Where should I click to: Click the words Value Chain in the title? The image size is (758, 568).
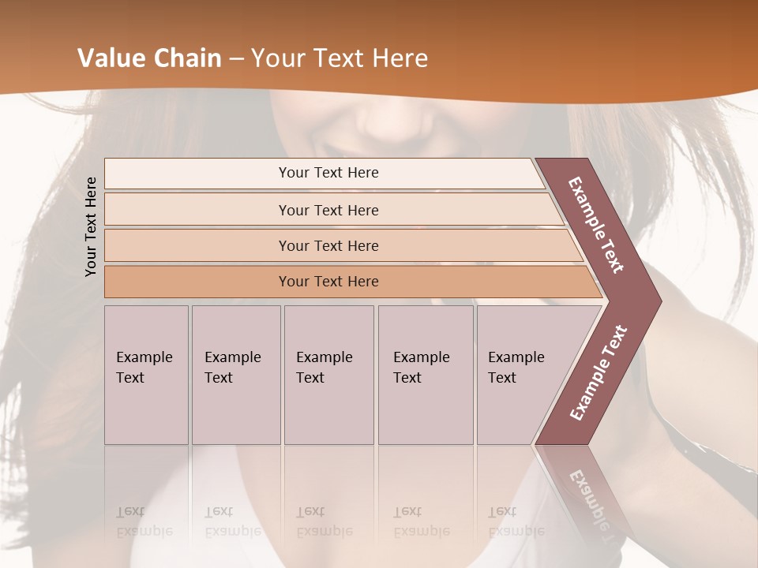click(149, 58)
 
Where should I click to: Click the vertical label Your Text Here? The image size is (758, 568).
click(92, 226)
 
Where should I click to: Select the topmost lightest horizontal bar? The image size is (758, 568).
click(328, 173)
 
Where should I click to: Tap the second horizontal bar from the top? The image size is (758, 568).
click(328, 210)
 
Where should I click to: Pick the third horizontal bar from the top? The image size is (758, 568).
click(328, 245)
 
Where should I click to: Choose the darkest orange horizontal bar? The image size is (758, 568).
click(328, 282)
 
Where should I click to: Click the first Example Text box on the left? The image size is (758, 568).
click(146, 375)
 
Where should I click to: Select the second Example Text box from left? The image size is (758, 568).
click(235, 375)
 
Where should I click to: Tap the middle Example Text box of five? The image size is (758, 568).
click(328, 375)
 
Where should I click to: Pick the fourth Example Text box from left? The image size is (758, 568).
click(426, 375)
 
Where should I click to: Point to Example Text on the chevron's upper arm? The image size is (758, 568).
click(596, 225)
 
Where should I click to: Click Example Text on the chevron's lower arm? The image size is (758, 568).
click(599, 372)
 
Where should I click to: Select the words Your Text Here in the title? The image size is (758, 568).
click(340, 58)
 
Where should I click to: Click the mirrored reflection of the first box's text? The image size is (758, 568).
click(144, 521)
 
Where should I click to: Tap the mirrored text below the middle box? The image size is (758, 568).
click(325, 521)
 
